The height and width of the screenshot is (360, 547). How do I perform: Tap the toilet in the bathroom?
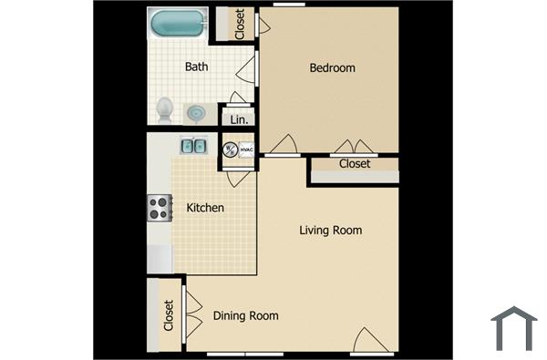point(165,110)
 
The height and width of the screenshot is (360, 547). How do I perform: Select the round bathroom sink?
point(196,113)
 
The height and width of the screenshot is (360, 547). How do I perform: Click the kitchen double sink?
point(193,145)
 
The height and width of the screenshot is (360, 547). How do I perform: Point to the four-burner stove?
point(160,209)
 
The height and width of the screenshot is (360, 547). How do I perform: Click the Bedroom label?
point(332,67)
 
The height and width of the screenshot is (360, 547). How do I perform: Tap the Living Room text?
point(330,230)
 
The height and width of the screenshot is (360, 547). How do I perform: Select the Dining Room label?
point(245,316)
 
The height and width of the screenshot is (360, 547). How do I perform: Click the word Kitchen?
point(205,208)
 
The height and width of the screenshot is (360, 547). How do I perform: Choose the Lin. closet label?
point(240,119)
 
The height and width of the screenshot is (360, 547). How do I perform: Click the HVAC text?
point(245,149)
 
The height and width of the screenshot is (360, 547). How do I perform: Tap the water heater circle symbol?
point(231,149)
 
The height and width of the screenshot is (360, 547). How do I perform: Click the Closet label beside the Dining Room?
point(169,314)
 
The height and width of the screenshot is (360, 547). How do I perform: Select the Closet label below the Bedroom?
point(355,164)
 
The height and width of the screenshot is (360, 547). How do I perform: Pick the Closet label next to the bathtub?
point(240,25)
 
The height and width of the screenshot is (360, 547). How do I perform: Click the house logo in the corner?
point(513,328)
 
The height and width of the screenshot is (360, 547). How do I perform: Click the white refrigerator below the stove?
point(160,258)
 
